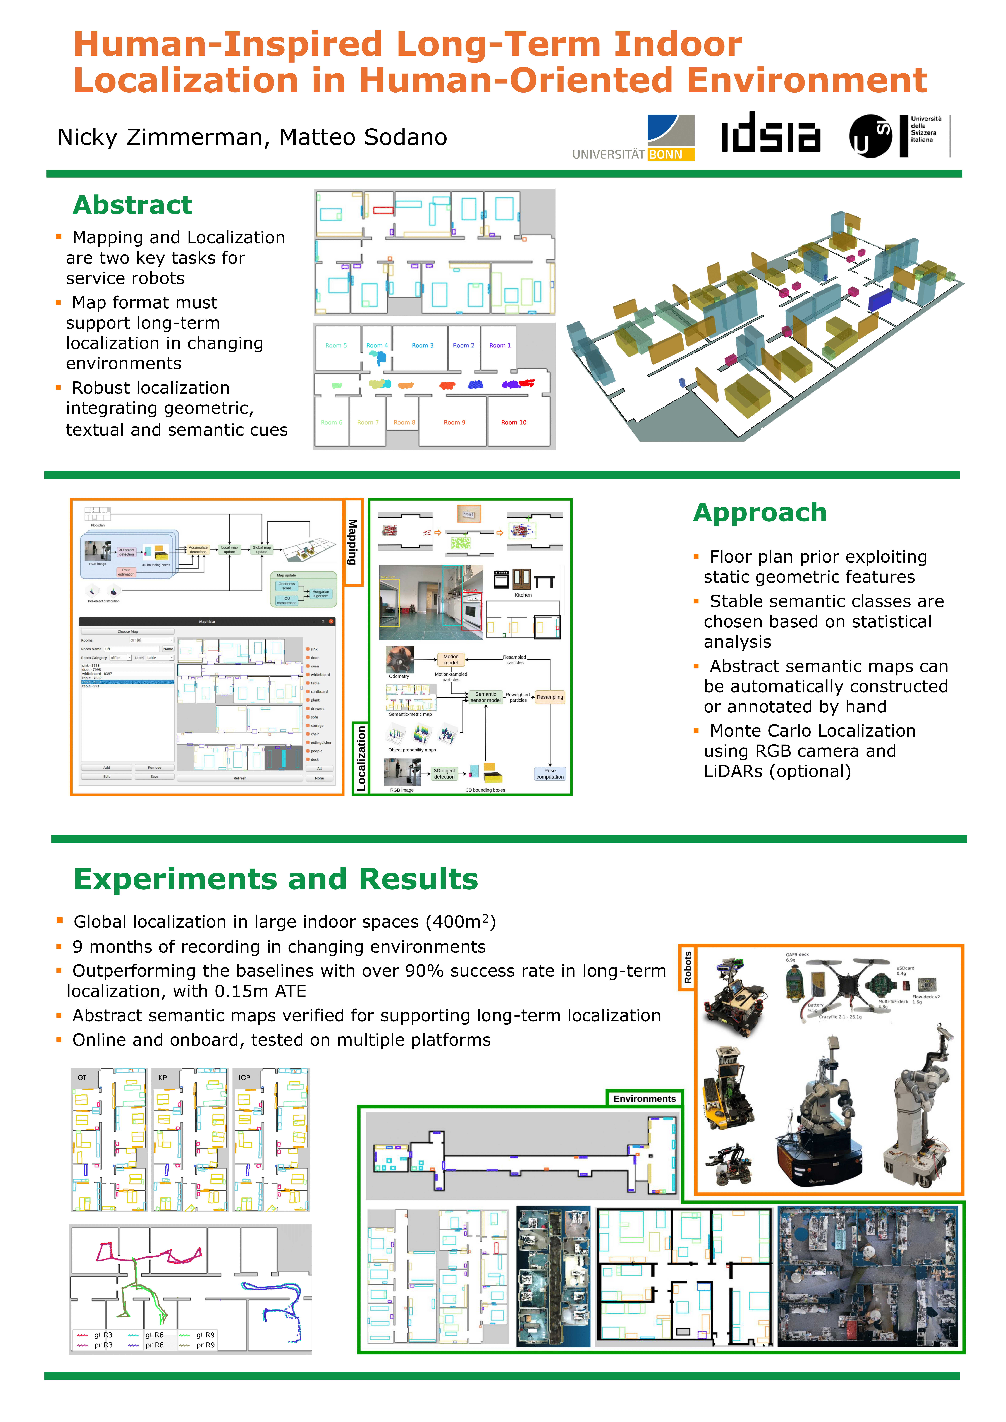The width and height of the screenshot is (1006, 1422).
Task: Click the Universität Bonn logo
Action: pyautogui.click(x=634, y=137)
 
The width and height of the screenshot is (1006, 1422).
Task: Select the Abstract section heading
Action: pyautogui.click(x=132, y=205)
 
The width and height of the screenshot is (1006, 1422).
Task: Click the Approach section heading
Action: pyautogui.click(x=759, y=513)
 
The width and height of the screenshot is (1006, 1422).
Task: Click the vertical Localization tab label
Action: pyautogui.click(x=361, y=758)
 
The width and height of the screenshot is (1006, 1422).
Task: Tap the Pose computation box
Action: pyautogui.click(x=549, y=774)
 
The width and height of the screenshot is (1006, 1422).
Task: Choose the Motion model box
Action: pyautogui.click(x=451, y=660)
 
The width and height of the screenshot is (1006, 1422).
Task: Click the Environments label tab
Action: pyautogui.click(x=644, y=1098)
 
